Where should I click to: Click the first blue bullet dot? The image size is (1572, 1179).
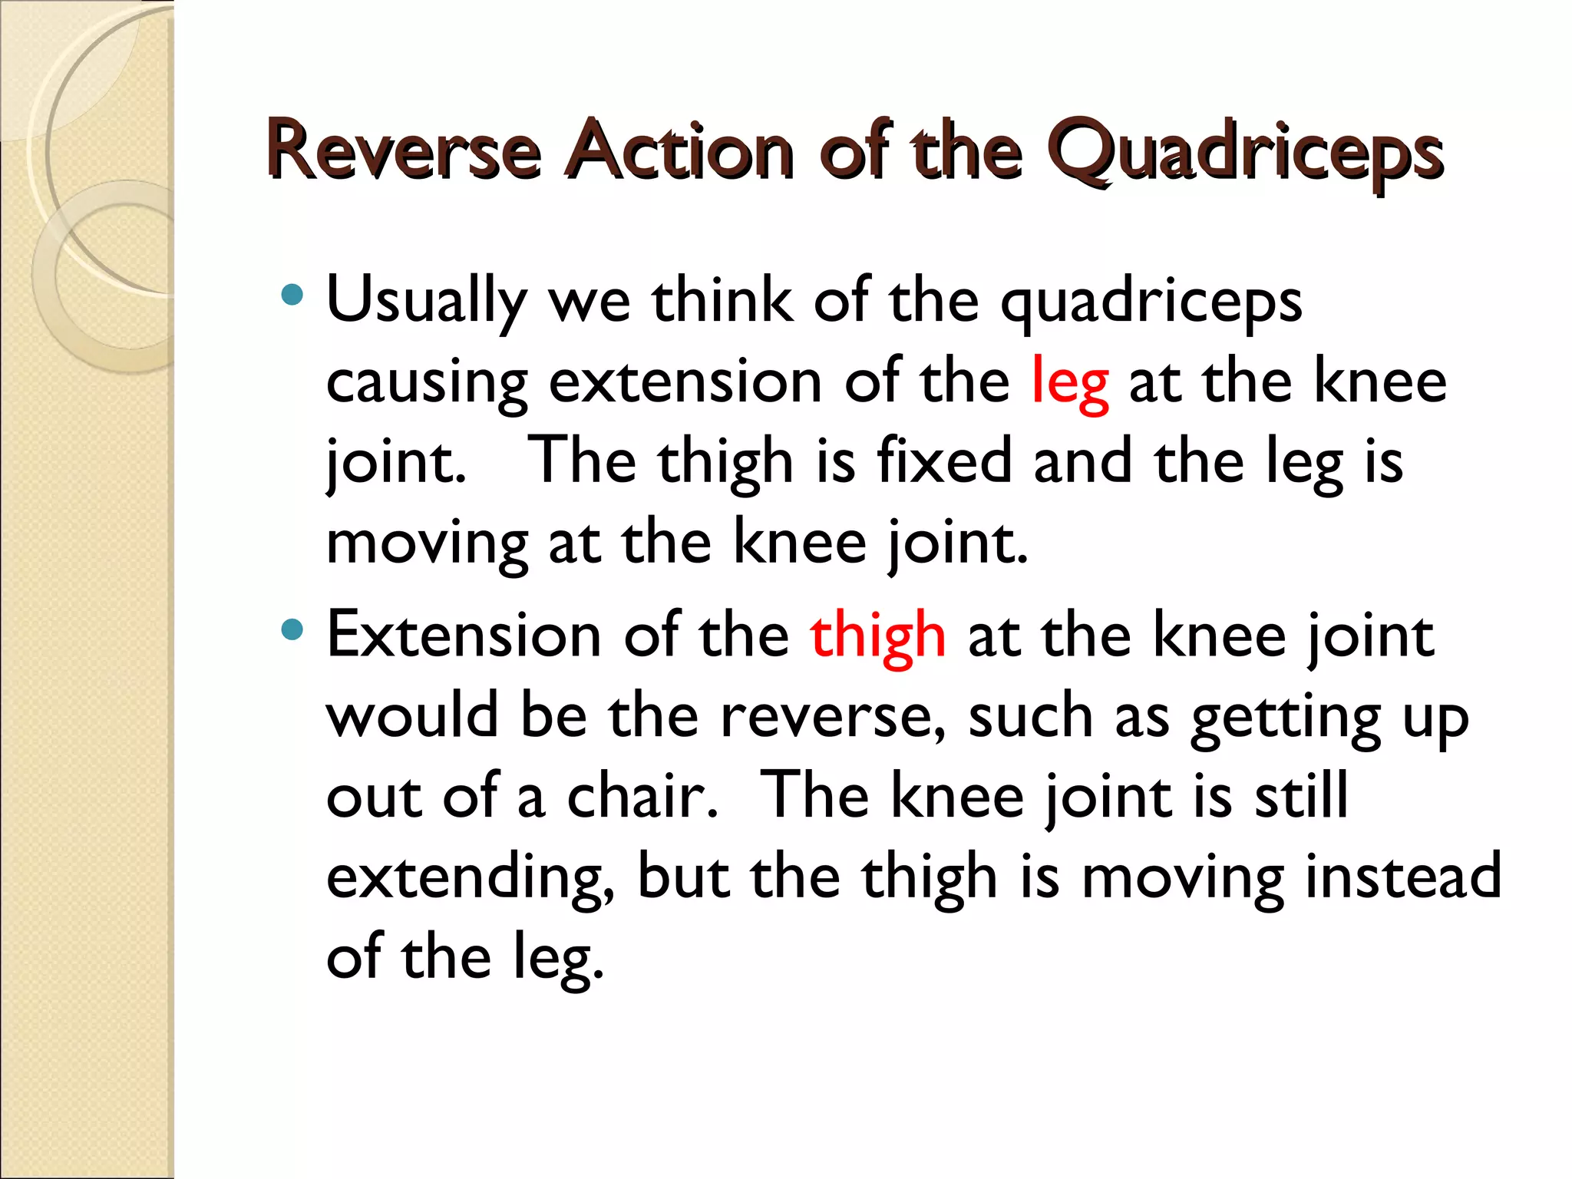click(x=292, y=295)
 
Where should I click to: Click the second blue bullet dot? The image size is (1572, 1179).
click(x=292, y=630)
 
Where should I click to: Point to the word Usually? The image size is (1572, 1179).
click(x=427, y=301)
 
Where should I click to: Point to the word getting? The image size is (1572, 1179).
click(x=1286, y=718)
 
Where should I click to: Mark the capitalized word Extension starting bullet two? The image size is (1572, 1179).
click(x=464, y=636)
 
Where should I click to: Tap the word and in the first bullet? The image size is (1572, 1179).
click(x=1082, y=461)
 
